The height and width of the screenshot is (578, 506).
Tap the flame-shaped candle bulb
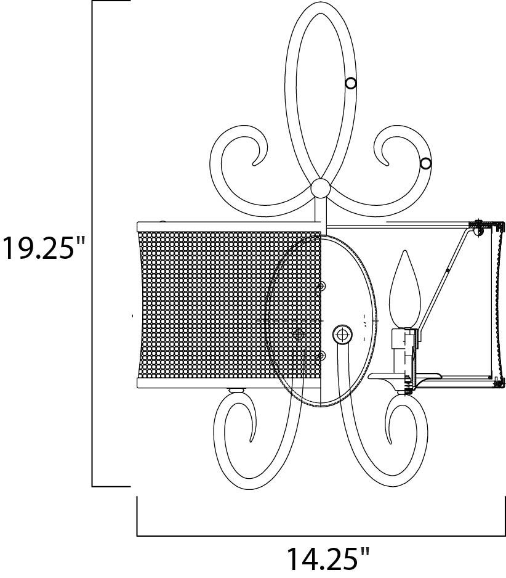[404, 290]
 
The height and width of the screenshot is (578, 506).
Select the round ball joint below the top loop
[320, 189]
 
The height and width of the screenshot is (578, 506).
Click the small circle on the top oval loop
[351, 84]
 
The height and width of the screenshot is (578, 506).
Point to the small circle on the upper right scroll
[426, 163]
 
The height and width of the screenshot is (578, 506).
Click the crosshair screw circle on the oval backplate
[342, 335]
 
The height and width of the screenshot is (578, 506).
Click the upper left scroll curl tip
[254, 163]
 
